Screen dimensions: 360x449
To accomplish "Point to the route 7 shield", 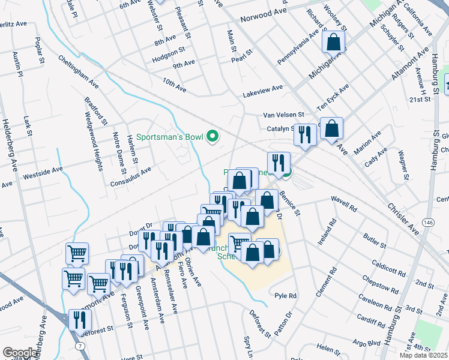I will (x=80, y=346).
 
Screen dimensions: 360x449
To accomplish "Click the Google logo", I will (x=20, y=353).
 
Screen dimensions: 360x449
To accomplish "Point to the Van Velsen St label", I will (x=284, y=115).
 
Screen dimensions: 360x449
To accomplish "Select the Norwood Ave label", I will (x=264, y=19).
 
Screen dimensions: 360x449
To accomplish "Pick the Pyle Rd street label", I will (x=286, y=296).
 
